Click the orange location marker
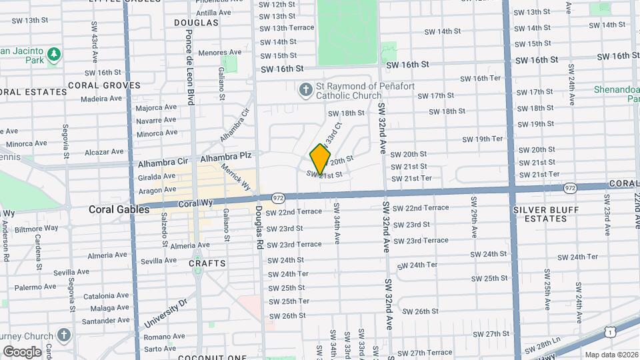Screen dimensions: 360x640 [x=321, y=159]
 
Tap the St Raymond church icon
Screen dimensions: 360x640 [x=305, y=89]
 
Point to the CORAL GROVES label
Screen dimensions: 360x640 [x=104, y=85]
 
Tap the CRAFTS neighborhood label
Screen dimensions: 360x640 [x=207, y=263]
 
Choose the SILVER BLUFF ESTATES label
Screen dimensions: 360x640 [x=539, y=213]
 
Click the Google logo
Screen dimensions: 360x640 [x=22, y=351]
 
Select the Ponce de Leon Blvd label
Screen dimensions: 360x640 [x=190, y=67]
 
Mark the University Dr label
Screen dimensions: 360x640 [x=165, y=315]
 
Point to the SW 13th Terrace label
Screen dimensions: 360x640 [x=286, y=28]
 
